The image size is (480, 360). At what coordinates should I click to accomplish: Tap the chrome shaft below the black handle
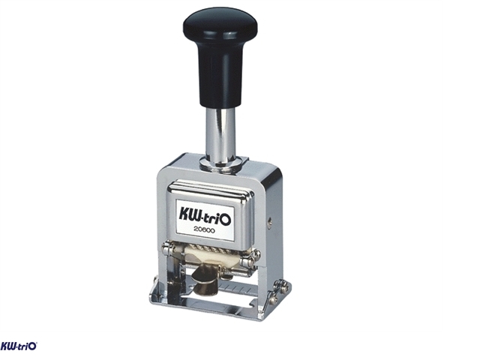(220, 135)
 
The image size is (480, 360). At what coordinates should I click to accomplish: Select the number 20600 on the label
(205, 230)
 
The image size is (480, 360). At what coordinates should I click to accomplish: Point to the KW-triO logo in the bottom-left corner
(19, 346)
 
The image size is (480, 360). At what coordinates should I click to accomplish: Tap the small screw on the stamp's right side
(269, 223)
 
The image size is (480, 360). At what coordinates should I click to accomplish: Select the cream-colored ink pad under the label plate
(211, 256)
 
